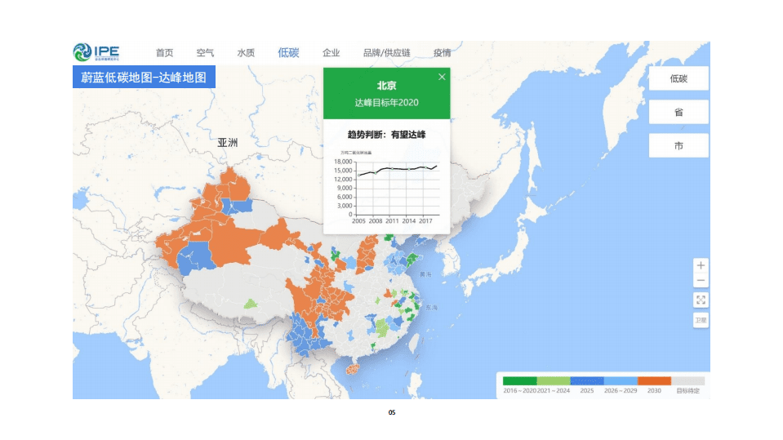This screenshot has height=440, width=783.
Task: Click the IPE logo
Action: (x=96, y=53)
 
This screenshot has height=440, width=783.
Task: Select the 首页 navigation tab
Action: (x=165, y=53)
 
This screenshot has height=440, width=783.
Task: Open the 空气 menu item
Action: (x=206, y=53)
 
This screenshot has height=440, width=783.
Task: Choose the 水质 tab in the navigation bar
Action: (x=246, y=53)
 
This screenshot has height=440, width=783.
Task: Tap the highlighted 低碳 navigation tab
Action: (x=288, y=53)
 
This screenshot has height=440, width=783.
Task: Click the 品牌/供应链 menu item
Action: (x=387, y=53)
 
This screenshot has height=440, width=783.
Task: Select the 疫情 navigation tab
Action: (x=442, y=53)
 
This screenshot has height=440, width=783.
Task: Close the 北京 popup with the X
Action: (x=442, y=77)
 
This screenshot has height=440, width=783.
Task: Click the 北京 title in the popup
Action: (x=386, y=86)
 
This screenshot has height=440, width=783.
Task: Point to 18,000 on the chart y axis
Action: (x=343, y=162)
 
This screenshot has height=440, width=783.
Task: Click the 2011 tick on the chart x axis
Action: (x=393, y=220)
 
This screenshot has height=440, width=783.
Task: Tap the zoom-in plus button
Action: (x=701, y=266)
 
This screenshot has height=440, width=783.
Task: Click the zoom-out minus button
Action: (x=701, y=282)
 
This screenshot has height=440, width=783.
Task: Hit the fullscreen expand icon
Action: (x=701, y=300)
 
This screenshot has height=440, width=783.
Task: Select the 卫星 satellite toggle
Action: (x=701, y=320)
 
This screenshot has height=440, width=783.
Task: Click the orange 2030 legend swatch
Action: (x=654, y=380)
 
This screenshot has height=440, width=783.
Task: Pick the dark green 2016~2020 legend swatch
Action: (x=519, y=380)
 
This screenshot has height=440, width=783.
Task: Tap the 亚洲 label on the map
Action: (x=228, y=143)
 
